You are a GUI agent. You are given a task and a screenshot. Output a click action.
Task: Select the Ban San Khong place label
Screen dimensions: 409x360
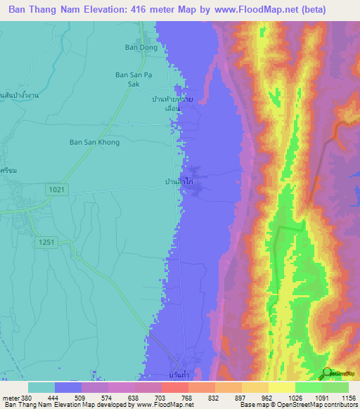tap(94, 142)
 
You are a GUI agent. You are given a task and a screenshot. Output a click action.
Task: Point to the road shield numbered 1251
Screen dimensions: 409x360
tap(46, 241)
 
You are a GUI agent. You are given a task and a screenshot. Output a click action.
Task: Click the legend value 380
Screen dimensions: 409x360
tap(27, 396)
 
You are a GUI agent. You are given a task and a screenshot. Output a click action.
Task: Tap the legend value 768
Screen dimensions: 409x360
tap(186, 396)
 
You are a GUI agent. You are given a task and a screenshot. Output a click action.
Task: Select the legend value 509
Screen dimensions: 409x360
tap(79, 396)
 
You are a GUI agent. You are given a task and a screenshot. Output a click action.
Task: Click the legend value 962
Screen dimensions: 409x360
tap(266, 396)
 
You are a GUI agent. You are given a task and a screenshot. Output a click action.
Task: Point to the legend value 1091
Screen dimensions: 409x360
tap(319, 396)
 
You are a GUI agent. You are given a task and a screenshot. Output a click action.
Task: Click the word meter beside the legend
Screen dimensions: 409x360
tap(10, 396)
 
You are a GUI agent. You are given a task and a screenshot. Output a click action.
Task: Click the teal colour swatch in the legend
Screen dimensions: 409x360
tap(41, 387)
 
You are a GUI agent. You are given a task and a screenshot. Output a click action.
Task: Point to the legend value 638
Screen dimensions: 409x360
tap(133, 396)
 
